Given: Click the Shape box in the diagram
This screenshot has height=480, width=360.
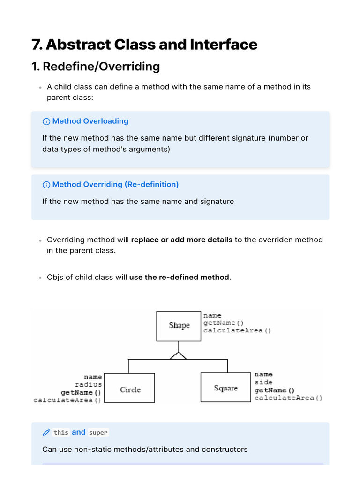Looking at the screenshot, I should (x=180, y=325).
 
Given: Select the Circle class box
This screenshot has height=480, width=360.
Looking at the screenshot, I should (x=130, y=388).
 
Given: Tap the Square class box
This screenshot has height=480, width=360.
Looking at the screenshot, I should (x=226, y=387).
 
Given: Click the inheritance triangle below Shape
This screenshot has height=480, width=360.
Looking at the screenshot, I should (x=178, y=356).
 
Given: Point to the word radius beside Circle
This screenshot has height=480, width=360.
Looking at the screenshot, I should (x=88, y=384).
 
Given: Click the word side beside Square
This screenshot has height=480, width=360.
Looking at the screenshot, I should (x=263, y=382).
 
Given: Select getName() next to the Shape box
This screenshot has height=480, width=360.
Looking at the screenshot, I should (x=223, y=323).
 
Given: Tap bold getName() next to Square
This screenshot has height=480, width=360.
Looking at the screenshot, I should (x=274, y=390).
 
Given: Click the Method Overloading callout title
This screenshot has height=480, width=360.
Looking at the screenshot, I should (x=90, y=121).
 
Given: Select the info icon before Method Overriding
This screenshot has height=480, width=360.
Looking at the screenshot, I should (x=46, y=185).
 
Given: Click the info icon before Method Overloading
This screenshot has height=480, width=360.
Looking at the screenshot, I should (x=46, y=121).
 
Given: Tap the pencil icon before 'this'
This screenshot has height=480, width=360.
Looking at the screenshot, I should (x=46, y=432).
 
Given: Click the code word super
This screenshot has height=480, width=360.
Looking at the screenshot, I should (x=98, y=433).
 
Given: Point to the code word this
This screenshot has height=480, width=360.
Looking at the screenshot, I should (x=60, y=433).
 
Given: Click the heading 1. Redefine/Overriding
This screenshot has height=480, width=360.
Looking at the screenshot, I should (x=96, y=67).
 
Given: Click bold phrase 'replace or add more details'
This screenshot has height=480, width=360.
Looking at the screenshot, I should (x=181, y=240).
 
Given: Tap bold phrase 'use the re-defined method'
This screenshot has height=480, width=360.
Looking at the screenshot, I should (x=179, y=277).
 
